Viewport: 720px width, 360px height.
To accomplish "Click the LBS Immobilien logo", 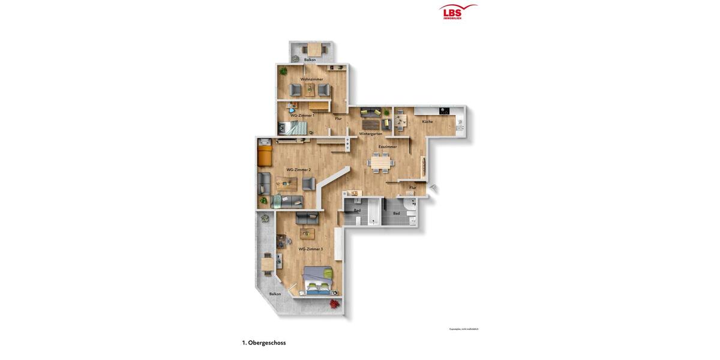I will click(x=458, y=11).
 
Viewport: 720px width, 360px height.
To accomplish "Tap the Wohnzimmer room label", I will click(x=311, y=79).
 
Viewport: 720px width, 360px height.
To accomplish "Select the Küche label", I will click(x=427, y=122).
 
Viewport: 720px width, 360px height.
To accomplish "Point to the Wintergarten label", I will click(x=370, y=134).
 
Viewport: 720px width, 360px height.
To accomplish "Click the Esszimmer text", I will click(x=387, y=146).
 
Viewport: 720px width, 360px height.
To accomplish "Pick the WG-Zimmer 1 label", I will click(x=302, y=115).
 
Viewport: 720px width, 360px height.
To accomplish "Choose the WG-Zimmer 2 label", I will click(x=298, y=170).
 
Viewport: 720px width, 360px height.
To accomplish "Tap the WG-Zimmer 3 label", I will click(x=310, y=249).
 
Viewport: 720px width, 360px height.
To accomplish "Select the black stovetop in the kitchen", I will click(x=444, y=110).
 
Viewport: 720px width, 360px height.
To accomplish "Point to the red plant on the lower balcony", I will click(x=334, y=304).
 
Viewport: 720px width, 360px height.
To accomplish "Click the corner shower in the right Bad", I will click(x=410, y=205).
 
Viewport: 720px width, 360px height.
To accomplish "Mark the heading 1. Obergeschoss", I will click(x=264, y=343).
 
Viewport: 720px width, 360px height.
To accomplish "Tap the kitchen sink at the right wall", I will click(x=460, y=125).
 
